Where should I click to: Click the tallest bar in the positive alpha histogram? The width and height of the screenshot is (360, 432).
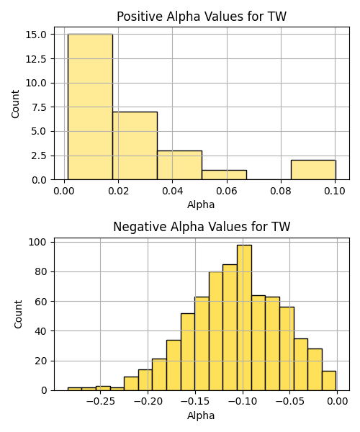click(90, 107)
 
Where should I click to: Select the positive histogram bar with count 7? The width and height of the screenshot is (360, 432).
click(135, 145)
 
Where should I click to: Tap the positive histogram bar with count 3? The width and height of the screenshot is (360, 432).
click(179, 166)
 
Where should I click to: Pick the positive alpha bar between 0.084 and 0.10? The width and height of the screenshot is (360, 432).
click(313, 170)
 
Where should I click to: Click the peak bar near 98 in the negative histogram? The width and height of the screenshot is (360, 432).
click(244, 318)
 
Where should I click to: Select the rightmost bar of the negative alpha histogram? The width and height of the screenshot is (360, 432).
click(329, 381)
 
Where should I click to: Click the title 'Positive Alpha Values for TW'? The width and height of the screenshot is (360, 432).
click(202, 17)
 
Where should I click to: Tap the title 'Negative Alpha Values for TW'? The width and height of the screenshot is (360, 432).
click(202, 227)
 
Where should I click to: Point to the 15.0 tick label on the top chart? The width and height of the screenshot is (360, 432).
click(36, 35)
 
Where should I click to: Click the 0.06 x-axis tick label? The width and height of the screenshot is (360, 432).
click(227, 191)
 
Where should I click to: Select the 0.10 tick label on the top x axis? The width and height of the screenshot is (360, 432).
click(335, 191)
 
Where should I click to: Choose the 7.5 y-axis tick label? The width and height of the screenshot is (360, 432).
click(39, 107)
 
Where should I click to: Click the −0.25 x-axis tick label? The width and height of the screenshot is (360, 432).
click(100, 402)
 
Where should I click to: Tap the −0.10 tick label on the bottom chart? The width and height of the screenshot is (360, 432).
click(243, 402)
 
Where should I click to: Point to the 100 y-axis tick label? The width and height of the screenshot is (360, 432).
click(37, 242)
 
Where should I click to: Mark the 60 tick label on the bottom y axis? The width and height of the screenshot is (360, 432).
click(41, 302)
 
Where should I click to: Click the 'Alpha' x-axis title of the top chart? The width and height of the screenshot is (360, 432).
click(201, 204)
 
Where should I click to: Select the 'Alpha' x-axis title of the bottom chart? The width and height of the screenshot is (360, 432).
click(201, 415)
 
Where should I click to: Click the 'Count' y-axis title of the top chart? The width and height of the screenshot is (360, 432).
click(15, 104)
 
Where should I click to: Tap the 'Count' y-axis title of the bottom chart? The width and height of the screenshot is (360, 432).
click(18, 315)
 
